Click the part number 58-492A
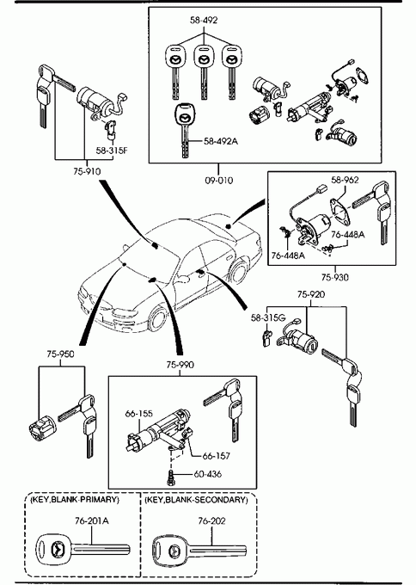pos(221,141)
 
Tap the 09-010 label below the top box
pos(219,181)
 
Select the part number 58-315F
pos(112,151)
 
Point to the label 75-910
pos(87,171)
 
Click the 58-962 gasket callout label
pos(345,180)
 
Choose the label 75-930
pos(334,277)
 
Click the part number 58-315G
pos(268,317)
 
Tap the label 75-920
pos(311,294)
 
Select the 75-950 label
pos(60,354)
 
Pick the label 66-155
pos(138,414)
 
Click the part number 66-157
pos(217,456)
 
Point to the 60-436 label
pos(208,474)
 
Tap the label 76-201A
pos(92,520)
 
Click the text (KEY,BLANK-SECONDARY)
pos(196,500)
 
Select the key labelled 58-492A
pos(183,129)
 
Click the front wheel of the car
pos(157,319)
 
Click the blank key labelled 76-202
pos(199,550)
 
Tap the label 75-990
pos(180,365)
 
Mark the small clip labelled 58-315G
pos(268,337)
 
